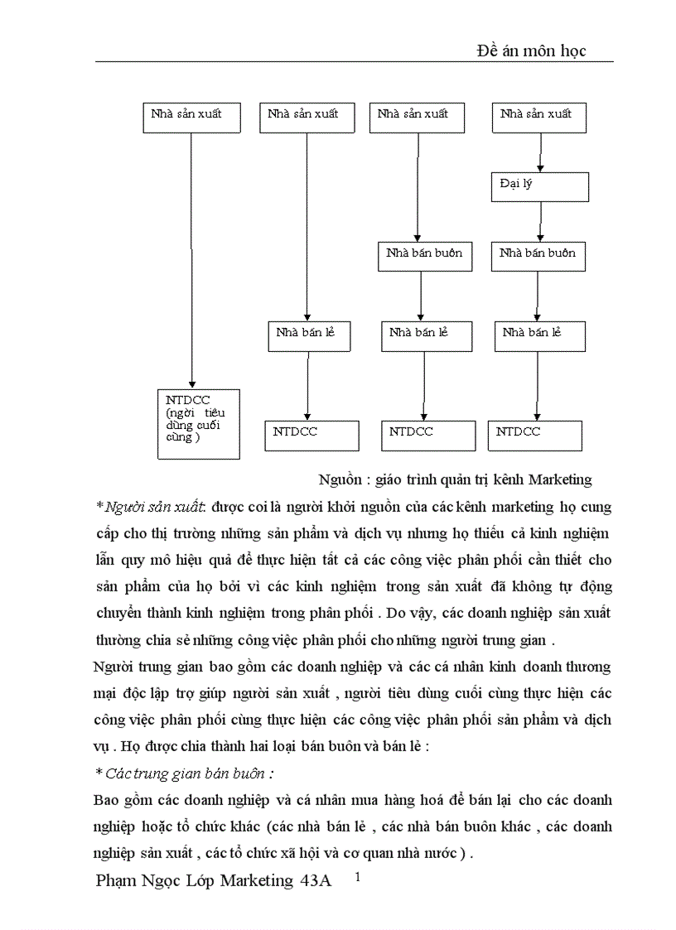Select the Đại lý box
pyautogui.click(x=540, y=187)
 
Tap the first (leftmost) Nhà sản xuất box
pyautogui.click(x=191, y=118)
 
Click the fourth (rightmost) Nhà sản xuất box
pyautogui.click(x=540, y=118)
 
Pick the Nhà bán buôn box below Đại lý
pyautogui.click(x=538, y=256)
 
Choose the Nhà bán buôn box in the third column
pyautogui.click(x=424, y=256)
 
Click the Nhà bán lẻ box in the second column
pyautogui.click(x=307, y=335)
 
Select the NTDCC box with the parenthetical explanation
pyautogui.click(x=198, y=423)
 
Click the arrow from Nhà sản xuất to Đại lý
pyautogui.click(x=540, y=152)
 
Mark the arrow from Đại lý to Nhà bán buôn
pyautogui.click(x=540, y=222)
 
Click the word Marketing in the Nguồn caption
pyautogui.click(x=560, y=479)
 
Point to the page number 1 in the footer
pyautogui.click(x=358, y=876)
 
